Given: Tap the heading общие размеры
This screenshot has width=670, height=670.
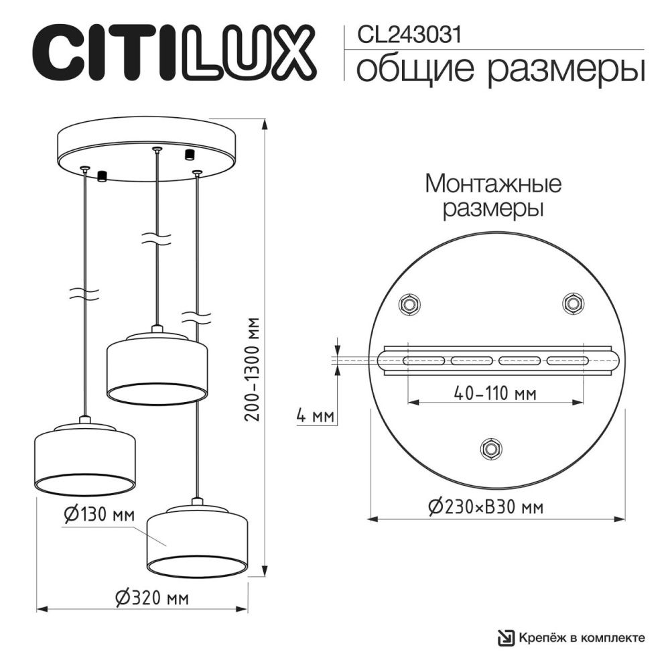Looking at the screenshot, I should coord(500,70).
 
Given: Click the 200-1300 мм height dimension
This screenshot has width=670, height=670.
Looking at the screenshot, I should coord(253,368).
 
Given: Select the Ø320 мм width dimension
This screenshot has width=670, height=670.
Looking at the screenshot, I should coord(151,598).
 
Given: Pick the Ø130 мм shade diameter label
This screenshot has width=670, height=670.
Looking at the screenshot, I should coord(99,515).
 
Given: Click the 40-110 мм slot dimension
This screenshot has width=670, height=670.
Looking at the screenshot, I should coord(494,394).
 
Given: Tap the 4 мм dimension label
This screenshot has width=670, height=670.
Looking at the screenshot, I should coord(315,417).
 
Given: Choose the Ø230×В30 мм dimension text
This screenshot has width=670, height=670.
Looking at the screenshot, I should coord(484,507).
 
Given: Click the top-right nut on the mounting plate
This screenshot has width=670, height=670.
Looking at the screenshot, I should coord(572,304).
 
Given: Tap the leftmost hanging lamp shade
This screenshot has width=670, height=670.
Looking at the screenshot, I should coord(84,459).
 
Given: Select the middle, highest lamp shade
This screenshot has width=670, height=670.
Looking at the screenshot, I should coord(157,368).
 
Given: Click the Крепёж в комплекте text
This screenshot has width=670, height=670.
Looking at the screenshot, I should coord(584,637).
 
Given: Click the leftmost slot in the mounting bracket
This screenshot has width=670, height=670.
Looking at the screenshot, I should coord(424,360).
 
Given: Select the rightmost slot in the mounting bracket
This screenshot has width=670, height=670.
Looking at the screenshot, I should coord(567,360).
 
